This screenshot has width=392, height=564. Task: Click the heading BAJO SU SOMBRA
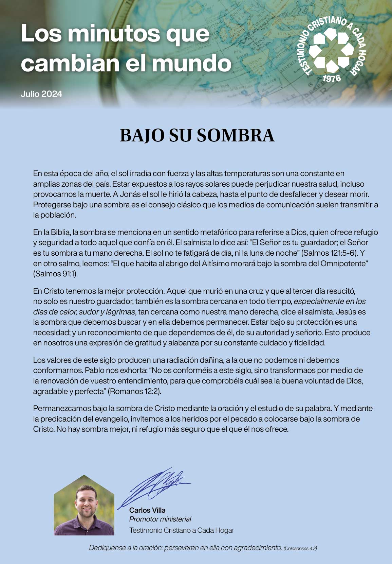pos(197,135)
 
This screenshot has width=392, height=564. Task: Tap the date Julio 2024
pos(41,94)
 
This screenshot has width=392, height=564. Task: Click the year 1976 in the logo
pos(331,79)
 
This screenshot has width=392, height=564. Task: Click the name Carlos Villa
pos(147,510)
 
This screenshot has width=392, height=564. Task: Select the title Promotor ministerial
pos(160,519)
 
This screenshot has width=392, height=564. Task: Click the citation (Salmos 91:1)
pos(55,274)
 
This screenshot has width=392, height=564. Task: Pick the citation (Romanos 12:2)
pos(134,391)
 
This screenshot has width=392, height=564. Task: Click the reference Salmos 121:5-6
pos(330,253)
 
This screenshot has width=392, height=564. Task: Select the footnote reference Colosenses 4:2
pos(300,548)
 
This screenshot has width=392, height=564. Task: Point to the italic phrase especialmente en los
pos(330,301)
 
